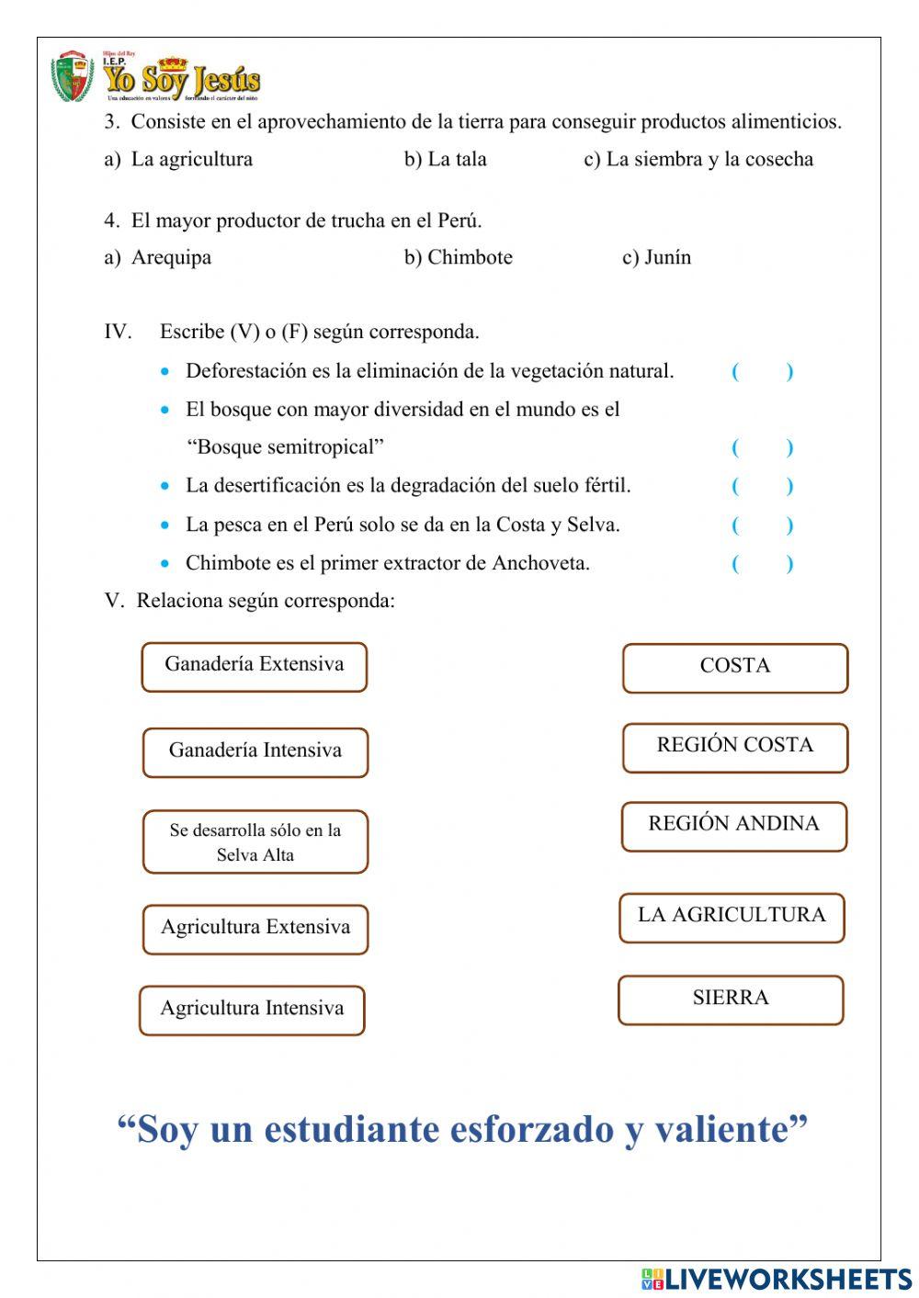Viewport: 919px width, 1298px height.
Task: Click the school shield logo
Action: [72, 77]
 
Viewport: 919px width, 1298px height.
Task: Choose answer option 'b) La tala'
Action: [446, 159]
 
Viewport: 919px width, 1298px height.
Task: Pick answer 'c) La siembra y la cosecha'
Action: [698, 159]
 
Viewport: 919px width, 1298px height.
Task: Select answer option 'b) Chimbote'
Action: [459, 257]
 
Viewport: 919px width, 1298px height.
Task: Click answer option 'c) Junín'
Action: [656, 257]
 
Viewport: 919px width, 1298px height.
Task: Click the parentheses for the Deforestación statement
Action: [762, 371]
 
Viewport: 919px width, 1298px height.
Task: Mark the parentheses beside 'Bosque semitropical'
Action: [762, 447]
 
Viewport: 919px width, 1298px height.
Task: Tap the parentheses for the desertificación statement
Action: [762, 486]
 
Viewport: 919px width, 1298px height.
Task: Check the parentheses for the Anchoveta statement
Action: [762, 563]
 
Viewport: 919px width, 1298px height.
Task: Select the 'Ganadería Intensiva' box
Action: [255, 752]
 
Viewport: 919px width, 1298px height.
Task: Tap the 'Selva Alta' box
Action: [255, 841]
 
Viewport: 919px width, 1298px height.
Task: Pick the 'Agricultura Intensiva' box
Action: [252, 1010]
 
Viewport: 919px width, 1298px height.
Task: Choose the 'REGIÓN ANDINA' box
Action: [733, 826]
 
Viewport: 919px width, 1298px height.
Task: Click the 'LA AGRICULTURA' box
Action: [732, 918]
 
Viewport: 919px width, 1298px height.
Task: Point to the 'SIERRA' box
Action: [731, 999]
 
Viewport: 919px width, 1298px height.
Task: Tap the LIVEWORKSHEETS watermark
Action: [777, 1279]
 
